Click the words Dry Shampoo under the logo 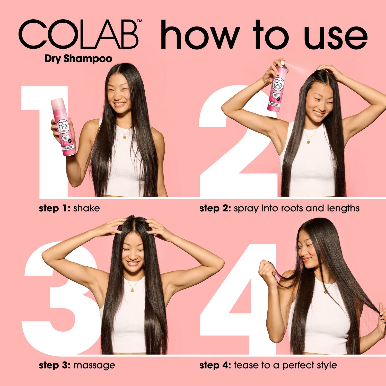click(x=78, y=59)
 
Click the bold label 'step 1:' click(x=55, y=208)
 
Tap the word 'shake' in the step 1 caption click(x=86, y=208)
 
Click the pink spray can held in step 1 click(x=63, y=127)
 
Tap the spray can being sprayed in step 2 click(x=278, y=87)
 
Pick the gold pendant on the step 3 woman click(x=132, y=290)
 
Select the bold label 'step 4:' click(x=215, y=365)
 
